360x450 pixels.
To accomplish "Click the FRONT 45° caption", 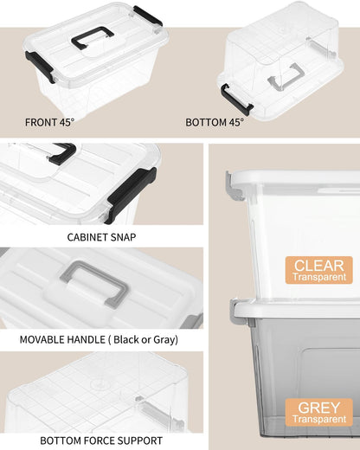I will click(50, 122).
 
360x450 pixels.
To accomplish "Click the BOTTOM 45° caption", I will click(215, 122).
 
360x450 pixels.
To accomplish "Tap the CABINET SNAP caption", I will click(100, 236).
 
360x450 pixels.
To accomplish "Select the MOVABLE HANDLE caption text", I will click(102, 339).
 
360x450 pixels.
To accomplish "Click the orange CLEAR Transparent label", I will click(318, 271).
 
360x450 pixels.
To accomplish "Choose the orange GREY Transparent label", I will click(318, 412).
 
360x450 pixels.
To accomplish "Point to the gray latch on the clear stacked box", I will click(231, 183).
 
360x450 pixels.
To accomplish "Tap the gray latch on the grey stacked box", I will click(231, 309).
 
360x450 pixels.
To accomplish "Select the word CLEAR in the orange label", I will click(318, 265).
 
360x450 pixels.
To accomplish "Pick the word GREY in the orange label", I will click(318, 406).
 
